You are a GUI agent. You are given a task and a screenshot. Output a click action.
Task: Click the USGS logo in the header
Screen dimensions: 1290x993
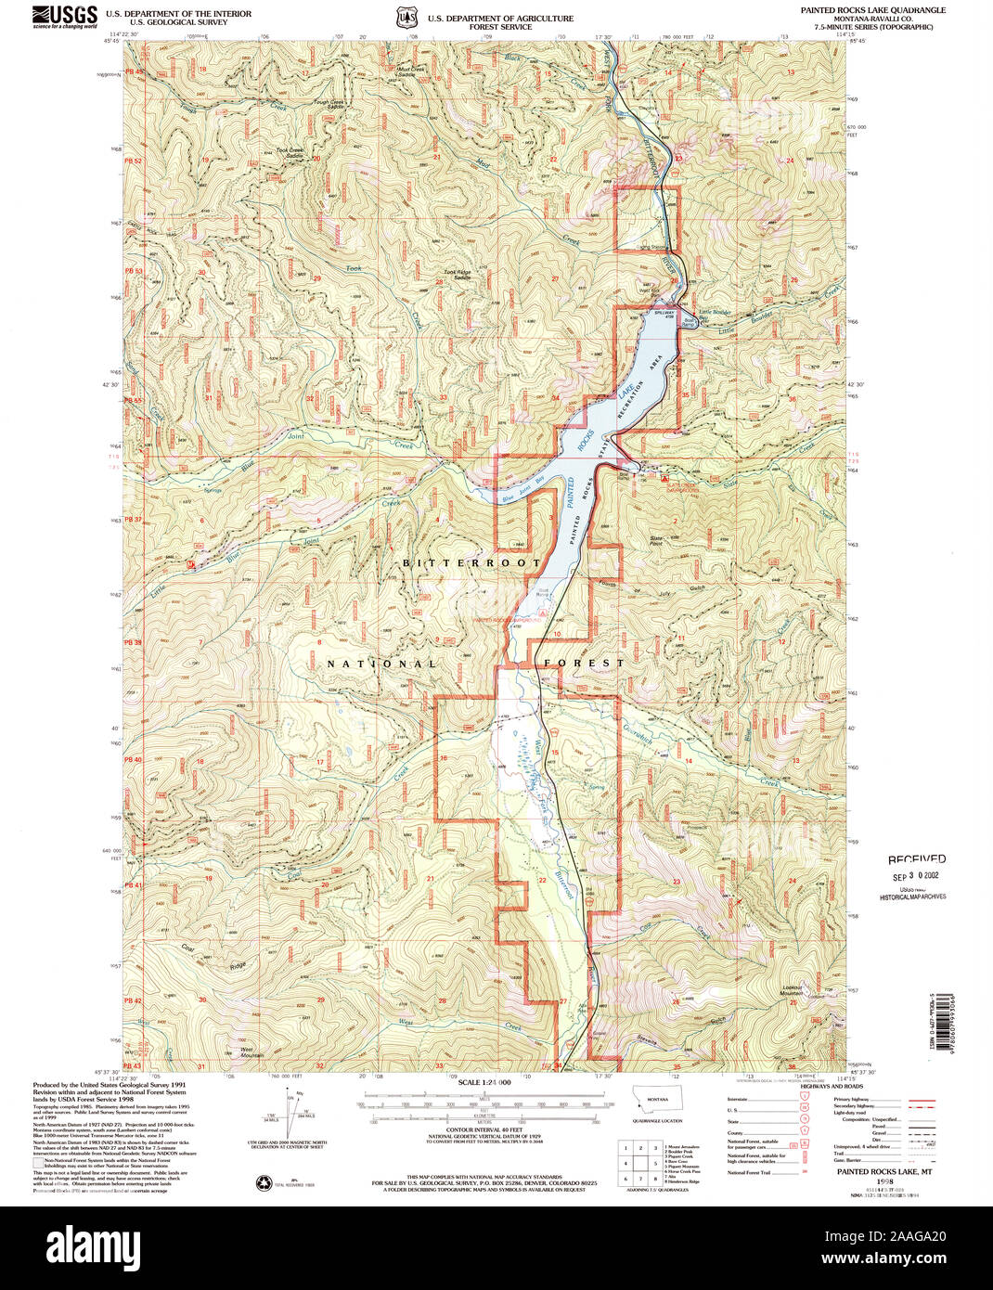64,16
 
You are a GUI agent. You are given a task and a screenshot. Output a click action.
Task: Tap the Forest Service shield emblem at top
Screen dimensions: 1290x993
404,18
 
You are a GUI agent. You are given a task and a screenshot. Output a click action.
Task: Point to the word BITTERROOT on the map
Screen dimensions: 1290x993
471,563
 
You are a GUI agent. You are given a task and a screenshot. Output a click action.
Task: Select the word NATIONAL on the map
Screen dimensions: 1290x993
381,664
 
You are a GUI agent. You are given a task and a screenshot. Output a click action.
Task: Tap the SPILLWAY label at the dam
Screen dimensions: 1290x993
663,314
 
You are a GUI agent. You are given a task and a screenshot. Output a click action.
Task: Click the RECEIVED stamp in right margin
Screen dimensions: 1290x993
916,859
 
